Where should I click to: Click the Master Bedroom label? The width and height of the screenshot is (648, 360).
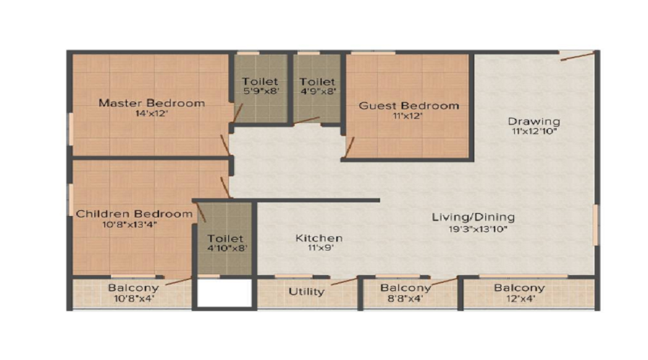point(152,103)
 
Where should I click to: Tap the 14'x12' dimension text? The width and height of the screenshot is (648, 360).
point(151,113)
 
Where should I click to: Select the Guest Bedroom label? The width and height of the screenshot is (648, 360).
point(409,106)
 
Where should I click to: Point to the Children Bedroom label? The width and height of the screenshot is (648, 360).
point(135,214)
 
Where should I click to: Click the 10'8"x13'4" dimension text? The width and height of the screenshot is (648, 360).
point(130,225)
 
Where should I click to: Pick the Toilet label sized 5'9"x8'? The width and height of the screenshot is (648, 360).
point(260,81)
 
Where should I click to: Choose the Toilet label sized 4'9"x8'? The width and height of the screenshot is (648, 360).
point(318,81)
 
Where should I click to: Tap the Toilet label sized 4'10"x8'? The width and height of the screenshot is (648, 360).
point(225,238)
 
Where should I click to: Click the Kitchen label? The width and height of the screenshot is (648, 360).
point(319,238)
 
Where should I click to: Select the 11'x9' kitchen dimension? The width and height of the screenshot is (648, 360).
point(320,248)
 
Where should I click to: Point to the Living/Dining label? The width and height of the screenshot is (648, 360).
point(473,217)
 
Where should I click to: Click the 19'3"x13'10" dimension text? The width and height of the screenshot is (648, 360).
point(478,229)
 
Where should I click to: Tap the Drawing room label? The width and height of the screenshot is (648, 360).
point(534,122)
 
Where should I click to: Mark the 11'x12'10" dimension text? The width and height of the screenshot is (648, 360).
point(535,132)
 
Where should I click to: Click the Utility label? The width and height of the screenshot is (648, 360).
point(306,292)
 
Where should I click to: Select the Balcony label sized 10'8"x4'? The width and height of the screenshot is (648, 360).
point(133,288)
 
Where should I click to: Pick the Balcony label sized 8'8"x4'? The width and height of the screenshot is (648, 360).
point(406,288)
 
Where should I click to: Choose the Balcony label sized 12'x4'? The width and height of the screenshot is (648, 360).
point(519,288)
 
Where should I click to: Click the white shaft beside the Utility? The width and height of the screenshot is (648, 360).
point(225,293)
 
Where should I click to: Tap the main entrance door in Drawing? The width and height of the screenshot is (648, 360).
point(577,55)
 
